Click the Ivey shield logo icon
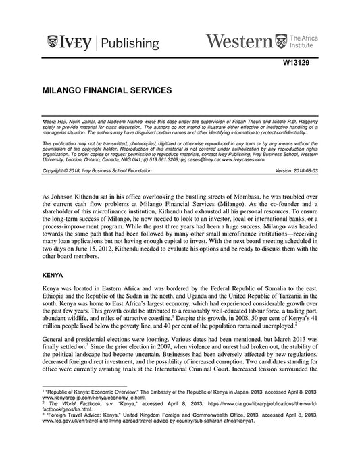[x=53, y=43]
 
